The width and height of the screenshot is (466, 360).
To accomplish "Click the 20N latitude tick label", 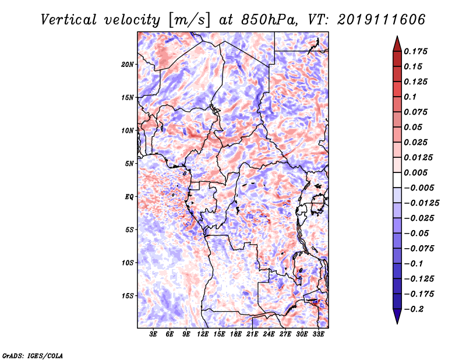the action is pyautogui.click(x=128, y=65).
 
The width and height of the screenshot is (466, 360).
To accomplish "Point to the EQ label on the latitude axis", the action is pyautogui.click(x=129, y=197).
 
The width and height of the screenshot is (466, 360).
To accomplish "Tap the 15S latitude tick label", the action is pyautogui.click(x=128, y=296).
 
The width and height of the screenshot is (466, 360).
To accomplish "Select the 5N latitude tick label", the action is pyautogui.click(x=129, y=164).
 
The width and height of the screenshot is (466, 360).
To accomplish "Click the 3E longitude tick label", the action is pyautogui.click(x=153, y=334).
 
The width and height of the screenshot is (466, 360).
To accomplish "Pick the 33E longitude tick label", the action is pyautogui.click(x=318, y=334).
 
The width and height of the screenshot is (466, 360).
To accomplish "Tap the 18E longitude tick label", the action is pyautogui.click(x=236, y=334).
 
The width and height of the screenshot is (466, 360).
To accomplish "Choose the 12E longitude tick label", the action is pyautogui.click(x=203, y=334).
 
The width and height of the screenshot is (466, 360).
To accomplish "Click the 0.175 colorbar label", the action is pyautogui.click(x=415, y=51).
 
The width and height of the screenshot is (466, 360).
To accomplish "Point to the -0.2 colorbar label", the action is pyautogui.click(x=414, y=309).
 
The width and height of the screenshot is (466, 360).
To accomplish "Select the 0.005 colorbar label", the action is pyautogui.click(x=415, y=172).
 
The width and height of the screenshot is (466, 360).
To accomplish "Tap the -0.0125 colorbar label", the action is pyautogui.click(x=421, y=203).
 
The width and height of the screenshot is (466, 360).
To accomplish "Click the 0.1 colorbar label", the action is pyautogui.click(x=410, y=97).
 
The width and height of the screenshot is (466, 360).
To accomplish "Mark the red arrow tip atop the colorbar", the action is pyautogui.click(x=397, y=37).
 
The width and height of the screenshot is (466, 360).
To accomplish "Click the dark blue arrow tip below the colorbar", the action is pyautogui.click(x=397, y=323).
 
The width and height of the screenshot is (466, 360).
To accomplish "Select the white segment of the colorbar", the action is pyautogui.click(x=397, y=180).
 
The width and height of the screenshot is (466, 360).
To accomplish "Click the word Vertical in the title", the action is pyautogui.click(x=69, y=20).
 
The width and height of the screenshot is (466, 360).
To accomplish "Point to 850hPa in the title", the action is pyautogui.click(x=269, y=20).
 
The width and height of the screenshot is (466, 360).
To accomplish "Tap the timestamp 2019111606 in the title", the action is pyautogui.click(x=382, y=20).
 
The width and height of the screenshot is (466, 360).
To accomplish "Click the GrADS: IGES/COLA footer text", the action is pyautogui.click(x=33, y=356).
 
